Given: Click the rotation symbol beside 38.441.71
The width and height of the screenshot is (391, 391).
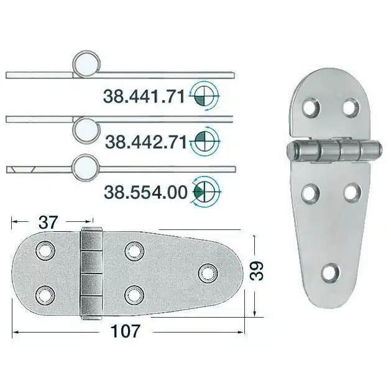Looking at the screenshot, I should [x=205, y=95].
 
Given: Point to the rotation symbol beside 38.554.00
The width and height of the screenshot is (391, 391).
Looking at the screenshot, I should [x=205, y=191].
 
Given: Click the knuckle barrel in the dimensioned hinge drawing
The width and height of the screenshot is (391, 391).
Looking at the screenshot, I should [x=91, y=272].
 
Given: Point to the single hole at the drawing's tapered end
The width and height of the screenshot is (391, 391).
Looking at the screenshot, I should [x=206, y=272].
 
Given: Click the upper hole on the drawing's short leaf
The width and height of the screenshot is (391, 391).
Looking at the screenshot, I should [x=44, y=251].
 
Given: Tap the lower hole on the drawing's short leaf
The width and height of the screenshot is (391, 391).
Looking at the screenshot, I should [x=45, y=292].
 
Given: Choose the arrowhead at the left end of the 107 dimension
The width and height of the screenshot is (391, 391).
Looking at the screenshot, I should [x=15, y=332].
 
